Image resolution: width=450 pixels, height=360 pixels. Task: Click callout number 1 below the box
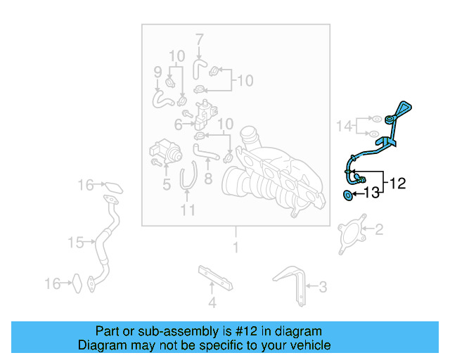(x=236, y=247)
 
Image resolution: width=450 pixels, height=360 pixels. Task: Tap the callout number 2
(x=378, y=229)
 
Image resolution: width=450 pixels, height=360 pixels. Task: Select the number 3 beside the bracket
(x=323, y=286)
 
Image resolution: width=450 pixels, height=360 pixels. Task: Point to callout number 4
(x=212, y=303)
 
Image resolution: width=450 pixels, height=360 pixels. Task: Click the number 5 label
(x=166, y=185)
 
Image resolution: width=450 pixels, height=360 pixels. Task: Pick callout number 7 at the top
(x=199, y=38)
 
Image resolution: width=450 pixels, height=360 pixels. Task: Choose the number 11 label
(x=187, y=210)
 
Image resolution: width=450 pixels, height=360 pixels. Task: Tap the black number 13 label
(x=371, y=193)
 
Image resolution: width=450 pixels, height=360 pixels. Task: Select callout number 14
(x=344, y=126)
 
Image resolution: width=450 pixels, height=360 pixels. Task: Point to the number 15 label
(x=75, y=243)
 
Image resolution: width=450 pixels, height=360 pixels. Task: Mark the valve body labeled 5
(x=163, y=150)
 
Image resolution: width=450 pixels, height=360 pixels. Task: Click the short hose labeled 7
(x=199, y=68)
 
